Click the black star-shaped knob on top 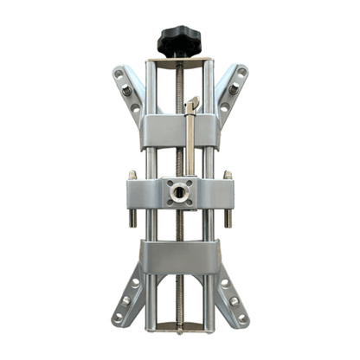[178, 39]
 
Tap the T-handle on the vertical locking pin [192, 105]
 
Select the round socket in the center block [180, 191]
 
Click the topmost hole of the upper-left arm [118, 73]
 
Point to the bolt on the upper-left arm [126, 90]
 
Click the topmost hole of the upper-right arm [241, 72]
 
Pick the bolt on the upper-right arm [233, 90]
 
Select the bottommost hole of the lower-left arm [118, 318]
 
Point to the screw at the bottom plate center [179, 329]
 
